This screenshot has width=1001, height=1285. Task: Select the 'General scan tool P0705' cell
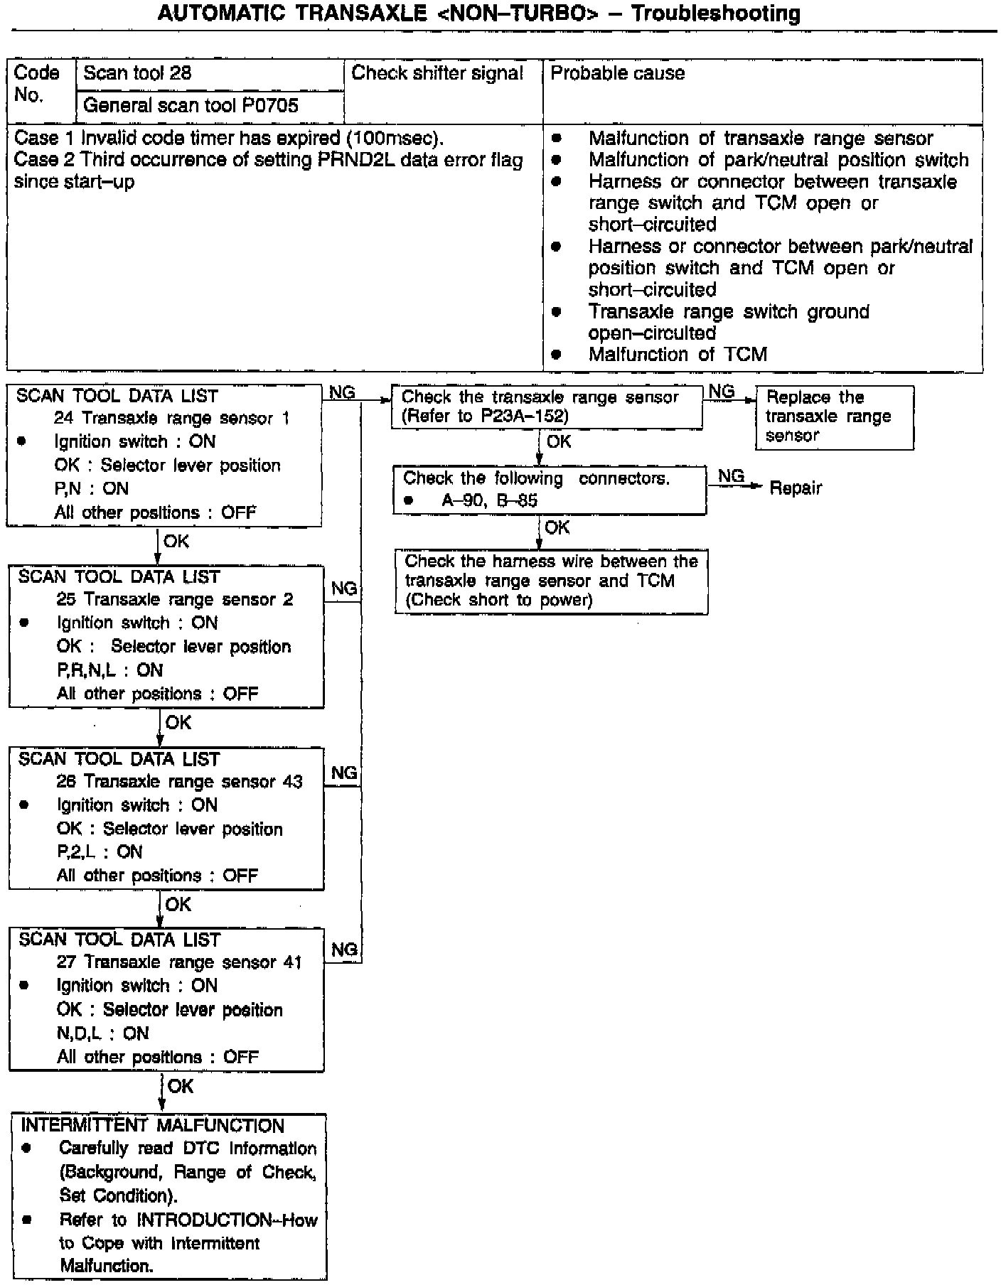(x=191, y=106)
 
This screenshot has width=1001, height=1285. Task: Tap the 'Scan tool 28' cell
(x=137, y=73)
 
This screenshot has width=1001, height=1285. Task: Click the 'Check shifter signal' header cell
(x=437, y=73)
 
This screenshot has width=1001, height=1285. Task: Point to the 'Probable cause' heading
(x=617, y=73)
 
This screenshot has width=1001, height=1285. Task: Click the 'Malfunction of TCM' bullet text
(x=678, y=354)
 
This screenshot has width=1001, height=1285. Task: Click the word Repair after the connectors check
(x=796, y=488)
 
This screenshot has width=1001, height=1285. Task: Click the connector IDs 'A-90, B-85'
(x=490, y=500)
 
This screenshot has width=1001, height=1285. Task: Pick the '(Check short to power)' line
(x=499, y=600)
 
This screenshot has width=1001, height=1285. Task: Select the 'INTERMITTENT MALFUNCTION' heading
(x=152, y=1126)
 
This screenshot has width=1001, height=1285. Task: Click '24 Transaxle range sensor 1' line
(x=172, y=418)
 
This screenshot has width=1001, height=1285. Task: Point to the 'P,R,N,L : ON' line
(x=109, y=670)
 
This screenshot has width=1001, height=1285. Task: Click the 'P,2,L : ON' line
(x=100, y=852)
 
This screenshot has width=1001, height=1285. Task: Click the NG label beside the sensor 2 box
(x=344, y=588)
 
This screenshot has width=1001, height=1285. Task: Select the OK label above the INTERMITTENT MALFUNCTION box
(x=181, y=1087)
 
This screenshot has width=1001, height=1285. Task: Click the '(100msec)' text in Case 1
(x=395, y=138)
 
